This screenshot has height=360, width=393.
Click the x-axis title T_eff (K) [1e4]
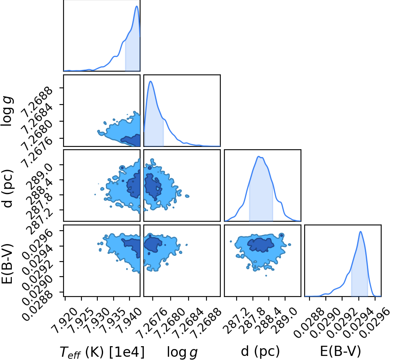click(102, 351)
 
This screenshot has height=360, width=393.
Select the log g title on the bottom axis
click(182, 352)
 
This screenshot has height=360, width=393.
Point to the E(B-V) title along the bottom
click(340, 351)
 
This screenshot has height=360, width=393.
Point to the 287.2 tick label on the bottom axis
click(236, 321)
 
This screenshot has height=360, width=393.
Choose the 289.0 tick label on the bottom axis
click(284, 321)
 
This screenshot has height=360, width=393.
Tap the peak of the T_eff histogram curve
click(136, 6)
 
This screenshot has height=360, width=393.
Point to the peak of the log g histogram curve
click(151, 81)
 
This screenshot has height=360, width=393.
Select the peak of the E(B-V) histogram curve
click(360, 231)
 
